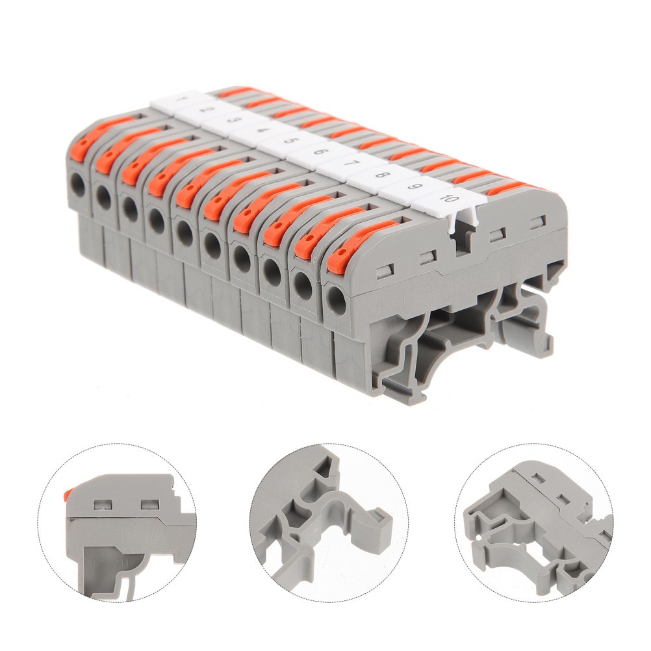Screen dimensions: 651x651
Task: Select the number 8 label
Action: [x=383, y=174]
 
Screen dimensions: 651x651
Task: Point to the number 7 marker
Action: [x=351, y=162]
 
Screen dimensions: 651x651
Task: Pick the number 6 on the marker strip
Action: [x=319, y=151]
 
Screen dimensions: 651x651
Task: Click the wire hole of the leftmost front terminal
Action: [x=79, y=185]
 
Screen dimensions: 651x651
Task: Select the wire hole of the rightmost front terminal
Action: [x=336, y=300]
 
